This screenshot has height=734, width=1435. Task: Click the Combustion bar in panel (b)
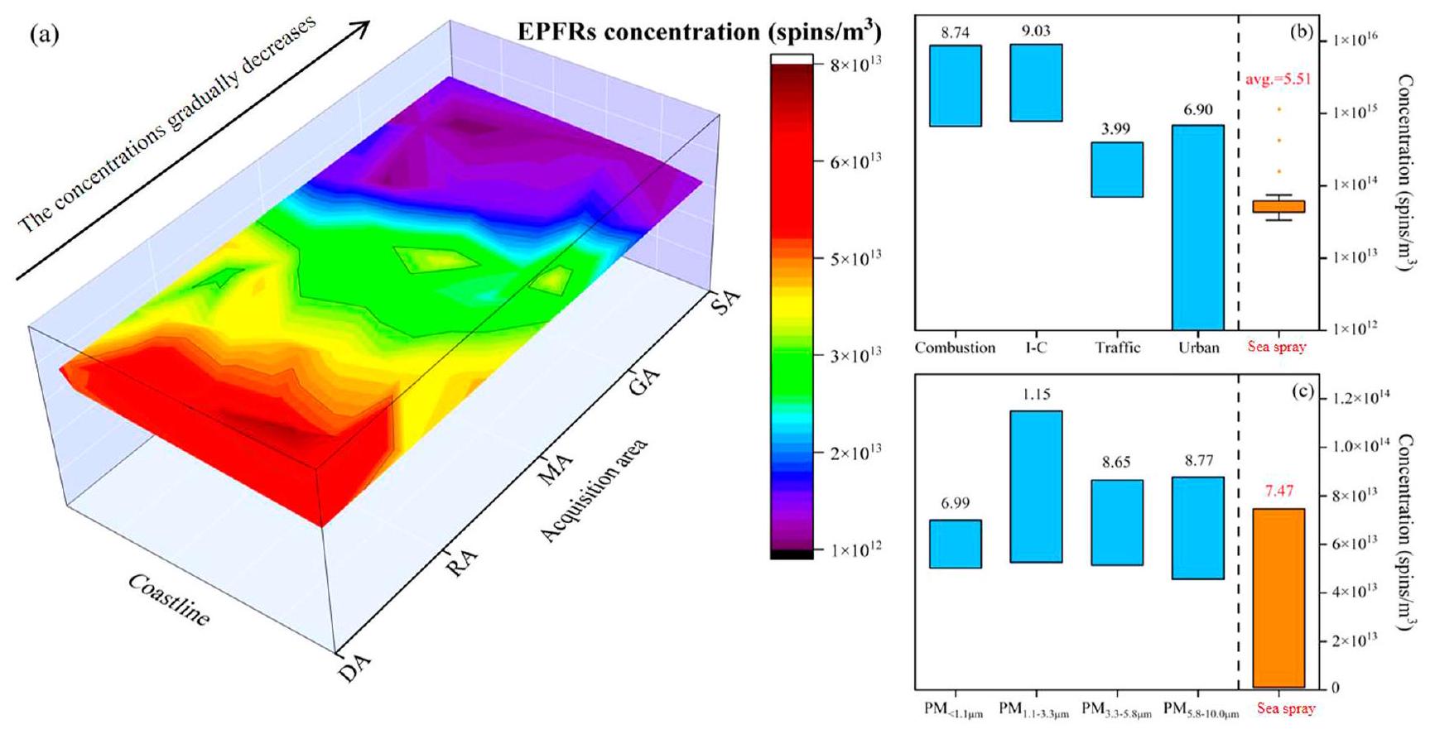955,85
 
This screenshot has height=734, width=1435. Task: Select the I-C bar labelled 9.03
1036,83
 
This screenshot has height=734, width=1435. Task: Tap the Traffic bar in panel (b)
1117,170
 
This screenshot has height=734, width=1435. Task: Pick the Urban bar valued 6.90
1198,227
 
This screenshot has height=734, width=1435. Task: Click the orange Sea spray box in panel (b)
1278,206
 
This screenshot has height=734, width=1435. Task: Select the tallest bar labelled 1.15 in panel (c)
1036,487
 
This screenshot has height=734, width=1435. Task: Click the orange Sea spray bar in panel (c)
1278,597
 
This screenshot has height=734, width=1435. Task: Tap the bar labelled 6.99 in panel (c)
955,544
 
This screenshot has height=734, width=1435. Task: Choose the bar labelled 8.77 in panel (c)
1198,528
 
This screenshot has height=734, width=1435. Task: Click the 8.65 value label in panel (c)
1116,463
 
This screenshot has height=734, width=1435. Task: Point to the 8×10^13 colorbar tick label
856,65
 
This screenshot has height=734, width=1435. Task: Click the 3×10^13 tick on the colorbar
856,355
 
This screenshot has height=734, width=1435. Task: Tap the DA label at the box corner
354,667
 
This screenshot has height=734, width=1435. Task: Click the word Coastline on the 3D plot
169,599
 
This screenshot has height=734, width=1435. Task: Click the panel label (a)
44,35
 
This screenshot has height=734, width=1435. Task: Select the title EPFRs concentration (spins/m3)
700,31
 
